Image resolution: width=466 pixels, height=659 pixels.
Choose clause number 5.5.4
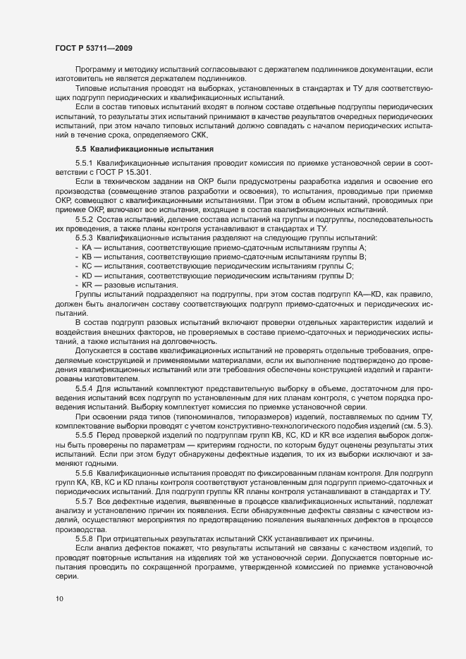85,388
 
